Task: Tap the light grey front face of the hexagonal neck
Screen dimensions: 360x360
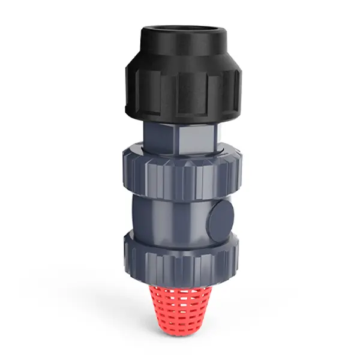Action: click(x=192, y=137)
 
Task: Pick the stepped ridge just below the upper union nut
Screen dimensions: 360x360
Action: click(x=180, y=196)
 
